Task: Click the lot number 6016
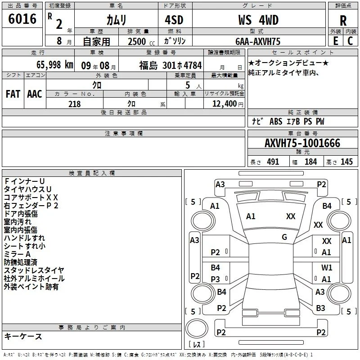[22, 19]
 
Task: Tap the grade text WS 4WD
[258, 20]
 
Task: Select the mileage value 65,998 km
[55, 65]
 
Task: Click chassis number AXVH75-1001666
[302, 143]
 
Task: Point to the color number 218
[74, 104]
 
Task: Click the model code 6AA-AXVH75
[258, 41]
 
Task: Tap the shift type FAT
[13, 94]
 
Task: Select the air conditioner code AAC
[35, 94]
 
